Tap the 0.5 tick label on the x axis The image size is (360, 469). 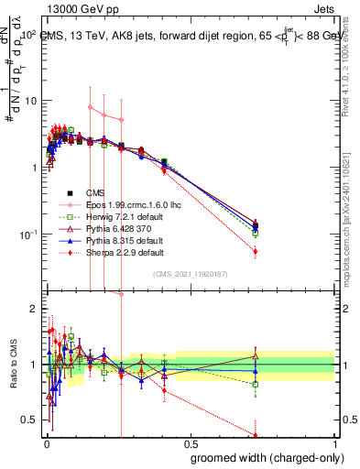point(189,443)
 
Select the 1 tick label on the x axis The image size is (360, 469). point(334,443)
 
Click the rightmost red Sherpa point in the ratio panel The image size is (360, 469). point(255,435)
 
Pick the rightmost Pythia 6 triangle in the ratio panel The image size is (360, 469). point(255,356)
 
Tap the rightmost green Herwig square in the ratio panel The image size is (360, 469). point(255,384)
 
